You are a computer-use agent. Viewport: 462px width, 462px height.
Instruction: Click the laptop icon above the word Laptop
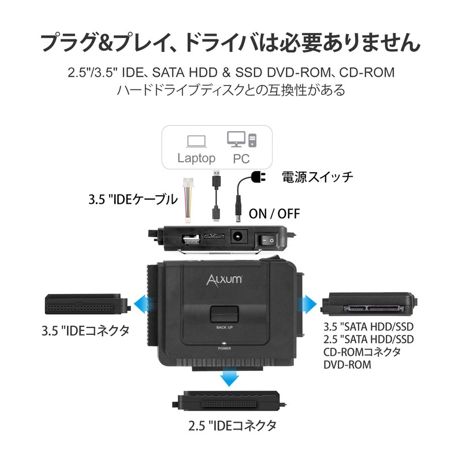[196, 140]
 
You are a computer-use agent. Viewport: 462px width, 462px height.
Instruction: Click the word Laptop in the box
[196, 158]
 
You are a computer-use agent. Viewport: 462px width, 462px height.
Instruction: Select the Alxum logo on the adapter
[225, 280]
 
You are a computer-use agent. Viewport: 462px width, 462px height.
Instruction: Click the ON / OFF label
[275, 213]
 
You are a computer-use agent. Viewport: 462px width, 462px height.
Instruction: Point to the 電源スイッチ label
[317, 177]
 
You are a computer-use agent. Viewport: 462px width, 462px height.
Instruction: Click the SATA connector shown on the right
[370, 303]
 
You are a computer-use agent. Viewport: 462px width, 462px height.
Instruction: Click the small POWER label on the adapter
[225, 349]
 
